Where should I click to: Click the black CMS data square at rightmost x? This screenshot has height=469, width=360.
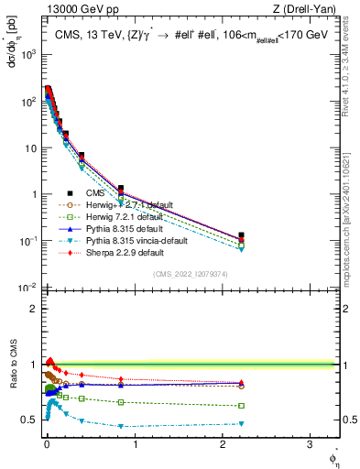(x=241, y=235)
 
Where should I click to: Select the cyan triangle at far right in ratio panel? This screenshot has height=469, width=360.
(x=241, y=423)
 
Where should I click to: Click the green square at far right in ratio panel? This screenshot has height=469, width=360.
(x=241, y=406)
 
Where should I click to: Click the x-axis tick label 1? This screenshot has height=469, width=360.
(x=135, y=452)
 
